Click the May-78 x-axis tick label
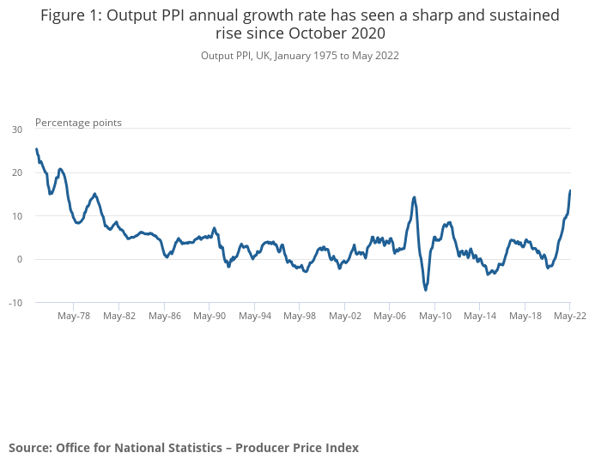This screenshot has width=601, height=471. coord(74,316)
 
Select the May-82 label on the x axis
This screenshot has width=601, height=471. coord(119,316)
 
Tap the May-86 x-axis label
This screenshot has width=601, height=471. coord(164,316)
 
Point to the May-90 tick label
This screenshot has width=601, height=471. coord(209,316)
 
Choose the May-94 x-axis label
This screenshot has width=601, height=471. coord(255,316)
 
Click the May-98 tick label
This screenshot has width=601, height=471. coord(300,316)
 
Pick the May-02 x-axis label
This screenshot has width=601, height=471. coord(345,316)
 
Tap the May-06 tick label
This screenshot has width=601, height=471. coord(390,316)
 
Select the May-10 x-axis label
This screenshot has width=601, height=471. coord(435,316)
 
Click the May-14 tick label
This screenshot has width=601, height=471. coord(480,316)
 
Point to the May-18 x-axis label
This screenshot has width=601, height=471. coord(525,316)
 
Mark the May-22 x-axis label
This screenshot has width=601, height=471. coord(569,316)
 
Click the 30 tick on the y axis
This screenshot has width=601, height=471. coord(17,130)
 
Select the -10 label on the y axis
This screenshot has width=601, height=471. coord(15,303)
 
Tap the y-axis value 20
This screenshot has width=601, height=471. coord(17,172)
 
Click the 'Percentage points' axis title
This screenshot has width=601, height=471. coord(78,123)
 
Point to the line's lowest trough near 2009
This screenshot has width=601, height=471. coord(426,290)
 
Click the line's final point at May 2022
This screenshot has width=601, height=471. coord(570,190)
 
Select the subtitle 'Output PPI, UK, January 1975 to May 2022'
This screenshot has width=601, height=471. coord(300,55)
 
